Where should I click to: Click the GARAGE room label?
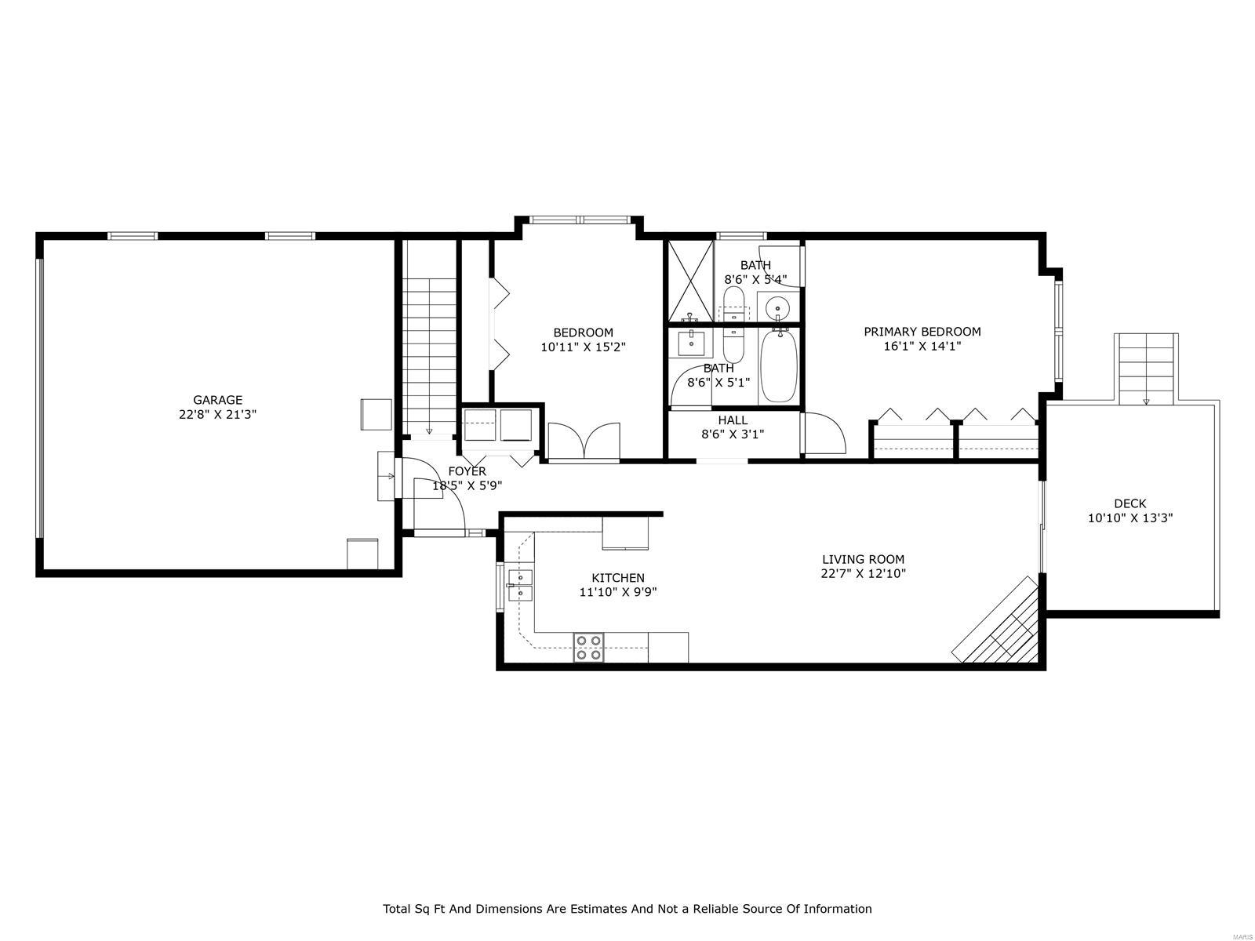[217, 400]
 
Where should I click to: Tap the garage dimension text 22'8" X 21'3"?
[217, 415]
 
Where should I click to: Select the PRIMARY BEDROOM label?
[922, 332]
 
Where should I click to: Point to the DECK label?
[1129, 503]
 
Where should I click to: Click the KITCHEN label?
[618, 578]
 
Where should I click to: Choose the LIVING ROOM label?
[864, 559]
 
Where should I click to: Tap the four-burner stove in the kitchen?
[588, 648]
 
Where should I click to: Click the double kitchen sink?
[520, 585]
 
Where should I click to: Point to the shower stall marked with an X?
[691, 281]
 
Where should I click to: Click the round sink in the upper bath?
[777, 308]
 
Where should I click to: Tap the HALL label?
[733, 420]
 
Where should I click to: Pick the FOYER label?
[467, 471]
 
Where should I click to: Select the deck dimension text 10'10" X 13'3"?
[1129, 518]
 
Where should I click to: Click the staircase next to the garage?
[430, 356]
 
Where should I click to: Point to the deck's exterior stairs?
[1146, 369]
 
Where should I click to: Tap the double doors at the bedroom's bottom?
[584, 441]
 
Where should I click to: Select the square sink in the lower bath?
[693, 343]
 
